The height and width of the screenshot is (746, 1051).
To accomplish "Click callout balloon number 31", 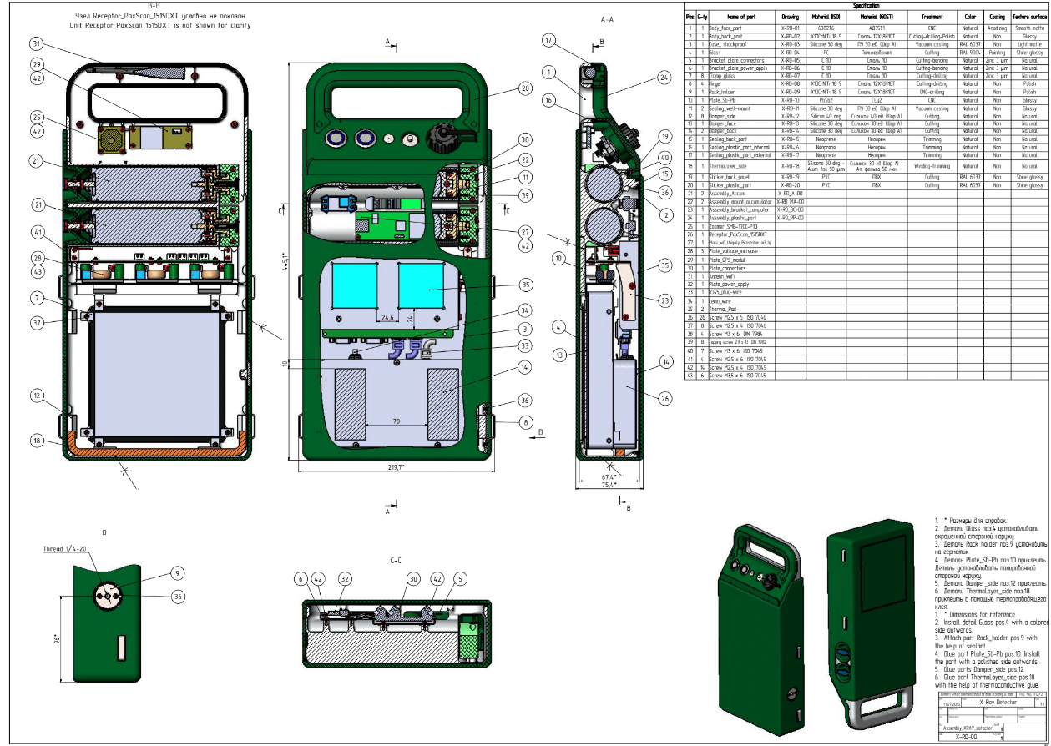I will coord(36,43).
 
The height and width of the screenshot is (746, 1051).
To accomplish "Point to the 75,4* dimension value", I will coord(609,484).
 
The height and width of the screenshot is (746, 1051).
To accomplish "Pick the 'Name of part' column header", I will coord(742,16).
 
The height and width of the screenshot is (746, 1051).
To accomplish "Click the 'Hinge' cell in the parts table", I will coord(716,83).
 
